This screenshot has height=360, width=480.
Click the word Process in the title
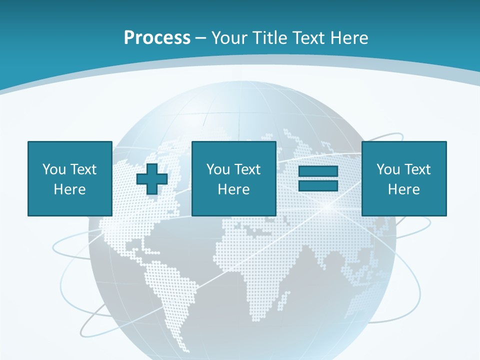(x=157, y=38)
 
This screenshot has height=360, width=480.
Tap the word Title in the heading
(x=269, y=38)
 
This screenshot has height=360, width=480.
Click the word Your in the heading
(x=229, y=38)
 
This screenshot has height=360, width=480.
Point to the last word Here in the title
(x=348, y=38)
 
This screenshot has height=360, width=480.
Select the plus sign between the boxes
(x=152, y=179)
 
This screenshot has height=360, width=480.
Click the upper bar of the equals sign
(x=318, y=171)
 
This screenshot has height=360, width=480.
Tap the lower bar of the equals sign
(x=318, y=185)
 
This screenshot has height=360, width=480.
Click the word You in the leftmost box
(x=54, y=169)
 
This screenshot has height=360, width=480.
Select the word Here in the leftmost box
(x=69, y=189)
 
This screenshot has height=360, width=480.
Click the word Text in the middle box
(x=247, y=169)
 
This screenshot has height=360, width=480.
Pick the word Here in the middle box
(x=233, y=189)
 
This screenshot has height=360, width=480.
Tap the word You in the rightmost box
(x=388, y=169)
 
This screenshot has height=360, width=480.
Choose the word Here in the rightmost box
(x=403, y=189)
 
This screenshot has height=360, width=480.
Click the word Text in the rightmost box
(x=417, y=169)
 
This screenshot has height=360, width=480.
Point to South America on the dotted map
(x=167, y=290)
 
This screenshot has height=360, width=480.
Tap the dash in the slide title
(x=200, y=38)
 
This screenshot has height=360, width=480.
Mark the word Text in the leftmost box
(x=83, y=169)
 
